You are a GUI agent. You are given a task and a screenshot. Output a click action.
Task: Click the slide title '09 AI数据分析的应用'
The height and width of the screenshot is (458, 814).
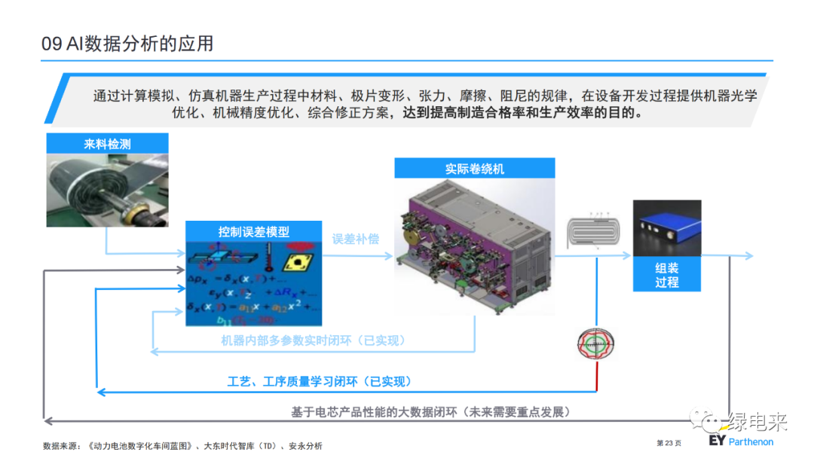coord(127,44)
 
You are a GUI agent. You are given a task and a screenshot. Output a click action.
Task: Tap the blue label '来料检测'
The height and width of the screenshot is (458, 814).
coord(107,144)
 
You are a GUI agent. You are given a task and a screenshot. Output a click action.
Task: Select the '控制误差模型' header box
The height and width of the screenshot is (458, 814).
coord(254,232)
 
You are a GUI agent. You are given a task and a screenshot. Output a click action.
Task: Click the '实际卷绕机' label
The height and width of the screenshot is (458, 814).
coord(474,169)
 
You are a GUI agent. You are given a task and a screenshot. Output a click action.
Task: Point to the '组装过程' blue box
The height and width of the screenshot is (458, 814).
coord(667,276)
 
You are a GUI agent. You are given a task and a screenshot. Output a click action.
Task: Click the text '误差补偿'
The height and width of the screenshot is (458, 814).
coord(356,239)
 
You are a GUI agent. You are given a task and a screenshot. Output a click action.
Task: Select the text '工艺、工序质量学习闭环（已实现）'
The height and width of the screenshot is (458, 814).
coord(320,381)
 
